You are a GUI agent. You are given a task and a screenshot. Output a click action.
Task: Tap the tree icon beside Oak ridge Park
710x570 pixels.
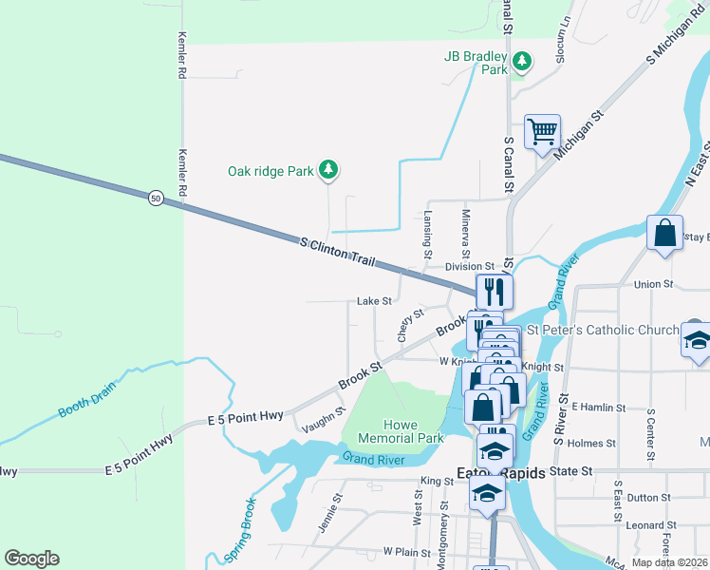click(328, 170)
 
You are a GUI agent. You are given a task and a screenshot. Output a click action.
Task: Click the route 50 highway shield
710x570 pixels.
click(156, 198)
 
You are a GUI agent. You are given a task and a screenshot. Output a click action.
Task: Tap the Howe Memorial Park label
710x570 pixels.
click(401, 431)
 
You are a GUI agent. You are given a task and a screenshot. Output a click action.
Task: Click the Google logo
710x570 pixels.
click(31, 559)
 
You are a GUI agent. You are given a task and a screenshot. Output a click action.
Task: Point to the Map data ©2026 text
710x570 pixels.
click(668, 562)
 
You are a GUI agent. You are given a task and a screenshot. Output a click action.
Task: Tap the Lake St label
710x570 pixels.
click(374, 301)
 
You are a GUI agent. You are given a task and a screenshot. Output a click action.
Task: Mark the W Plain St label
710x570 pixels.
click(407, 551)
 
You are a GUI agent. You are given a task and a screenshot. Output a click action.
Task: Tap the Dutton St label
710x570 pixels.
click(649, 497)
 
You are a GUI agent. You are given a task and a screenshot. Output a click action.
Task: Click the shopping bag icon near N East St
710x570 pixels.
click(664, 232)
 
